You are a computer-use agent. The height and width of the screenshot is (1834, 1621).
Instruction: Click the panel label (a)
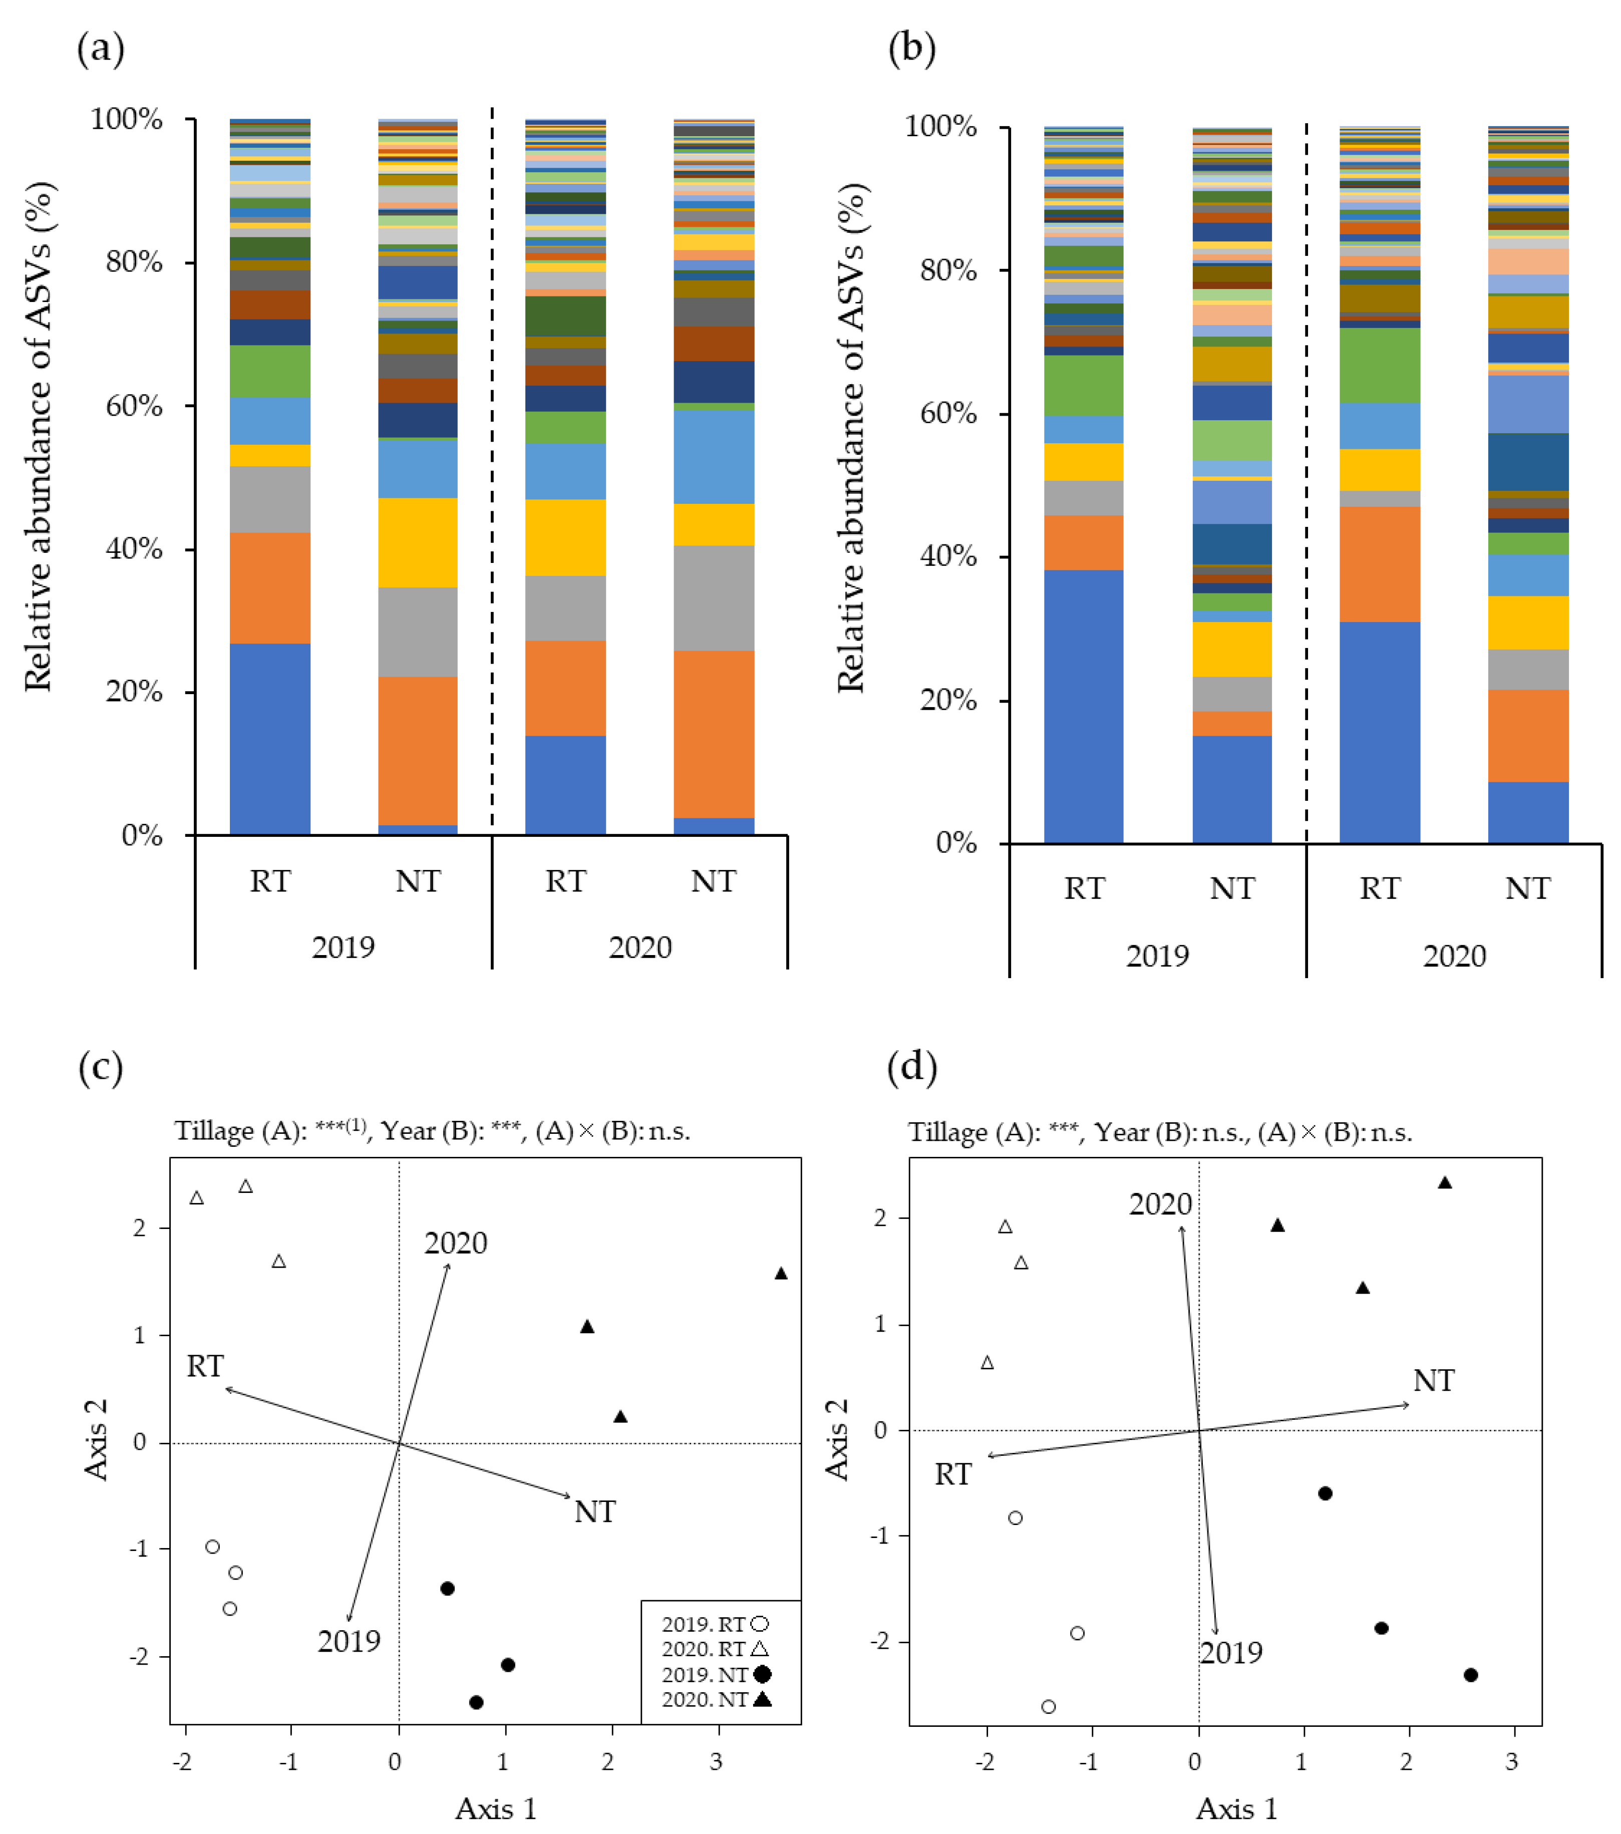[x=101, y=49]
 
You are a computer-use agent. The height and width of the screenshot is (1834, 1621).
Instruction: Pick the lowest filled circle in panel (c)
[x=476, y=1702]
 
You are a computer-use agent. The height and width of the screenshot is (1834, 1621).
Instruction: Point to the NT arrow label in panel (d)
[x=1434, y=1380]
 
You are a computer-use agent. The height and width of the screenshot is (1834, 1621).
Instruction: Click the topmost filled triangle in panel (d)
[x=1444, y=1182]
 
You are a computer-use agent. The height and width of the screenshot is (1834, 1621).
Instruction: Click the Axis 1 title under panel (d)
[x=1236, y=1809]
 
